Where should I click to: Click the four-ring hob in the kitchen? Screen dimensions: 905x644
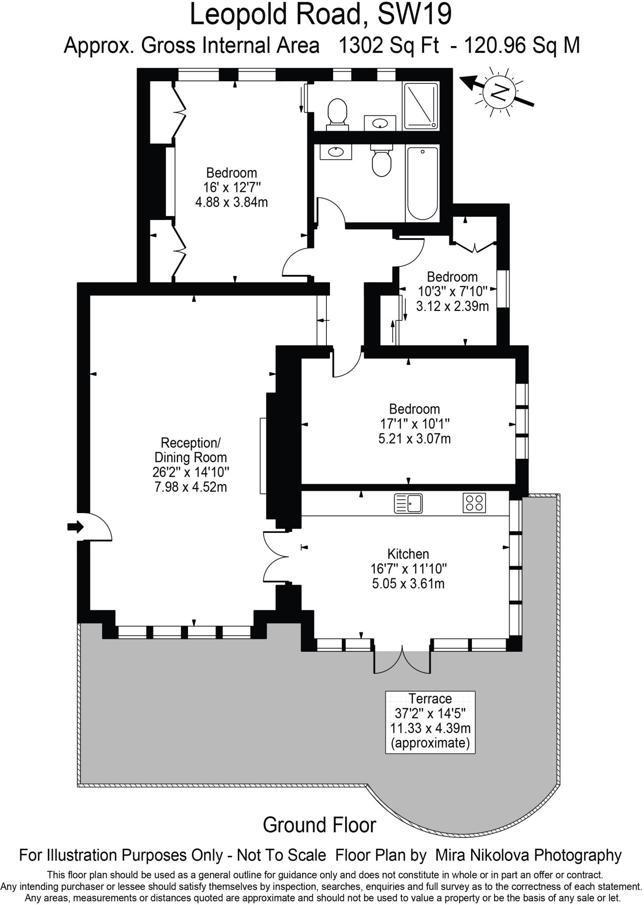click(x=474, y=503)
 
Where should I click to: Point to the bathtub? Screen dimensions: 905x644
click(x=422, y=184)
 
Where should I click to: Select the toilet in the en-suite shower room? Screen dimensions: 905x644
click(x=337, y=113)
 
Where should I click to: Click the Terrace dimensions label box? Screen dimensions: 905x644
click(x=430, y=722)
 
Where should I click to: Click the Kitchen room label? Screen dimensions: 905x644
click(x=408, y=569)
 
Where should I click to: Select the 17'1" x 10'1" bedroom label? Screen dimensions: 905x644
click(x=414, y=424)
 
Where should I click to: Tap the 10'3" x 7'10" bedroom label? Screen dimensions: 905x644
click(x=452, y=291)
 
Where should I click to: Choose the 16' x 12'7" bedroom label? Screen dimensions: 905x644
click(x=231, y=187)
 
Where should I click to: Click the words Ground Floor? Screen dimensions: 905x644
click(x=319, y=825)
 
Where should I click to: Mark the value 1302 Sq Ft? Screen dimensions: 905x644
click(x=388, y=46)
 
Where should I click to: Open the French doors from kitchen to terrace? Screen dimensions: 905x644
click(x=402, y=660)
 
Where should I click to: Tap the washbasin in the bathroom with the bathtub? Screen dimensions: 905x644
click(x=336, y=152)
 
